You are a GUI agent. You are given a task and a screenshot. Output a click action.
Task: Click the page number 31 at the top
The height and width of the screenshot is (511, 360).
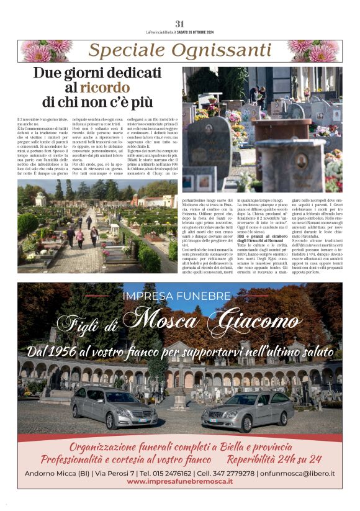180,24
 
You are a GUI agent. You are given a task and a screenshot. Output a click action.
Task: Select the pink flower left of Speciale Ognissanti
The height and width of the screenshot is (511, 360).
45,51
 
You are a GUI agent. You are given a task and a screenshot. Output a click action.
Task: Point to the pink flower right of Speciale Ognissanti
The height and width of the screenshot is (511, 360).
315,51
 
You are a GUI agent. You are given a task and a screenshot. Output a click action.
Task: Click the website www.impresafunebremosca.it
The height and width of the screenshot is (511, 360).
180,481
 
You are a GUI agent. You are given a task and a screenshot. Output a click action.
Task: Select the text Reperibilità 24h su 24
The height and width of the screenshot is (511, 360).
274,459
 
